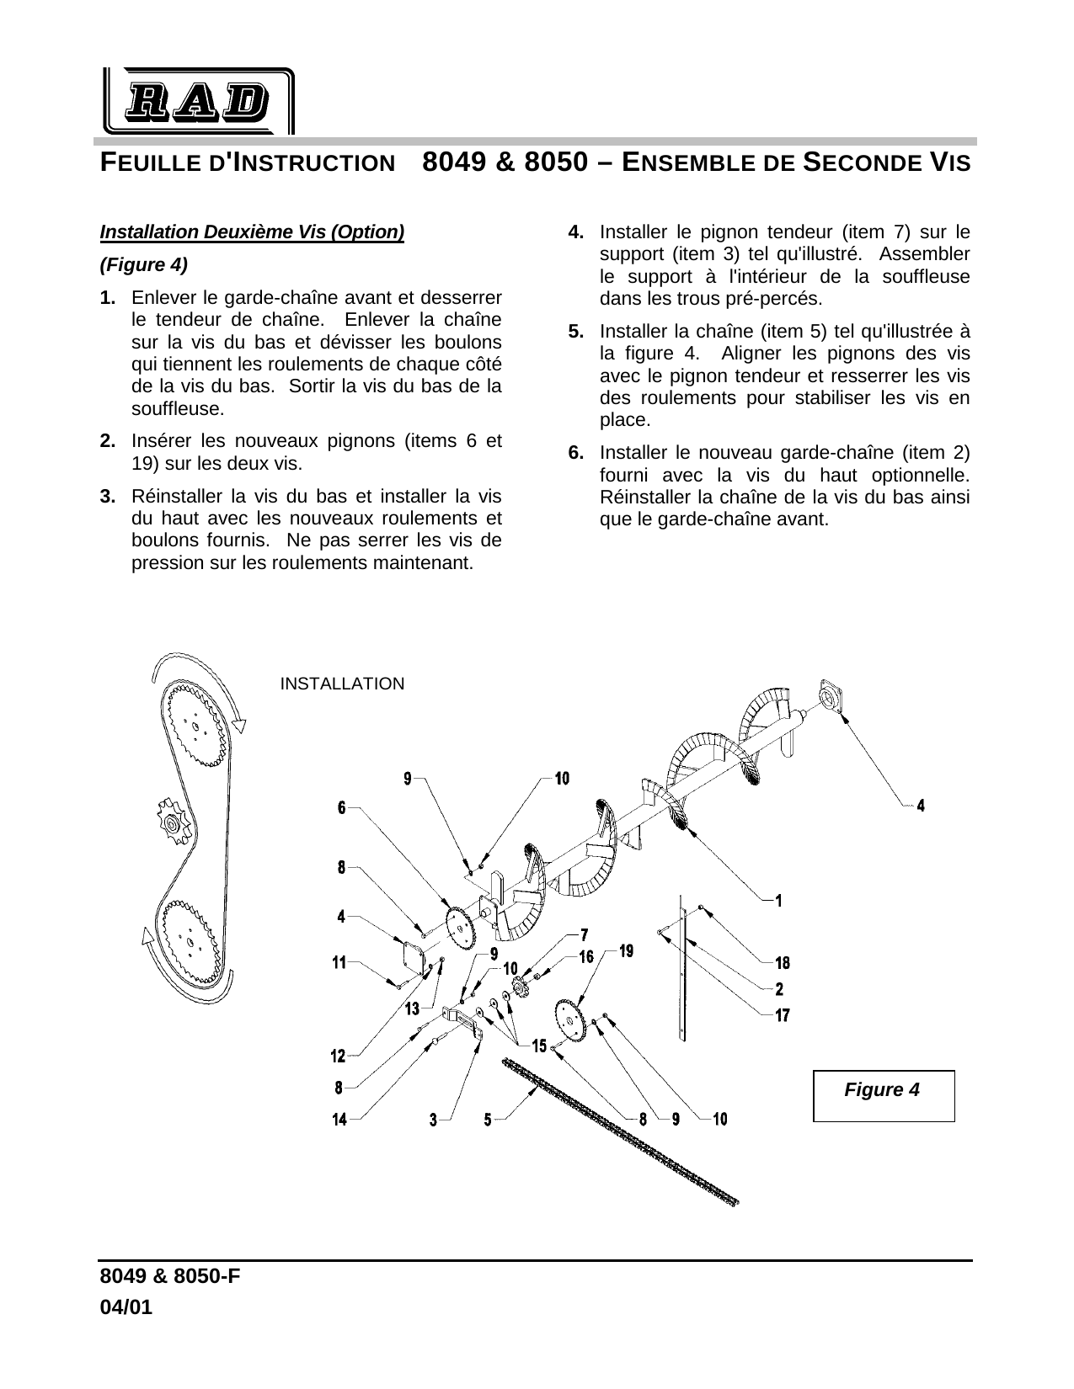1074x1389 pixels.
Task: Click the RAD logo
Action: pos(198,102)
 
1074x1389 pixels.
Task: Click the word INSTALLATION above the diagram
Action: pos(342,684)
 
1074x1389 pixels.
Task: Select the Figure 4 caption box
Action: pos(883,1095)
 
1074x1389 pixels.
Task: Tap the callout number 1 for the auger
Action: pos(778,901)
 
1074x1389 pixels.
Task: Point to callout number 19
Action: pos(627,951)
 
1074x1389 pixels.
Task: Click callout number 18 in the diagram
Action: pos(783,962)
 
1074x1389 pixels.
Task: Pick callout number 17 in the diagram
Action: pos(783,1015)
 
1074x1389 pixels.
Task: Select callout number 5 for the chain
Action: pos(488,1120)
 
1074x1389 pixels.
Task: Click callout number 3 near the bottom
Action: pos(434,1120)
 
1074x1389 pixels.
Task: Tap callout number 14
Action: pos(339,1120)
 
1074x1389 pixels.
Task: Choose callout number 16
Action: pos(587,957)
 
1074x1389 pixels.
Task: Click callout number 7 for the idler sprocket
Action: pos(584,934)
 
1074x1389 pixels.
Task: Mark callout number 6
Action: pos(342,807)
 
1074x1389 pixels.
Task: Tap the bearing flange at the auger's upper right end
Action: pos(831,698)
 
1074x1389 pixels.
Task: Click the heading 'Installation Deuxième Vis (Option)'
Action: pos(252,231)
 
